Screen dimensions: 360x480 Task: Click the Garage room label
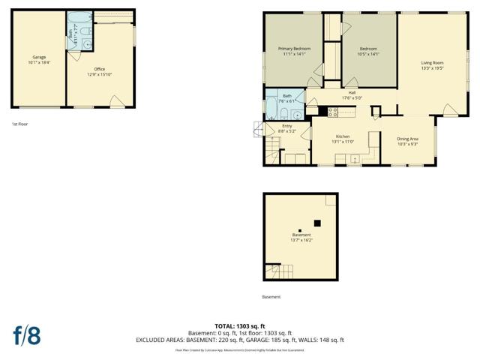coord(39,58)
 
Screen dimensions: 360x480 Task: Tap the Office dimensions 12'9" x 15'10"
coord(99,73)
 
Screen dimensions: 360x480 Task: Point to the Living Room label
coord(432,63)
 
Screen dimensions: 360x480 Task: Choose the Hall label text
coord(352,92)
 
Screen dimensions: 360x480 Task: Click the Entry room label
coord(286,126)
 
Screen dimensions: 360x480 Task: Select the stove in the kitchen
coord(333,112)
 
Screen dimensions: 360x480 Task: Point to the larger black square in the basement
coord(317,223)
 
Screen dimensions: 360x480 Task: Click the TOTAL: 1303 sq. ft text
coord(239,326)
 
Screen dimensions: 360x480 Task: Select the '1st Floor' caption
coord(20,124)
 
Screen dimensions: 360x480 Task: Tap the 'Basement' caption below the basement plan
coord(271,297)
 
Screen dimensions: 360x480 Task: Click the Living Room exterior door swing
coord(450,110)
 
